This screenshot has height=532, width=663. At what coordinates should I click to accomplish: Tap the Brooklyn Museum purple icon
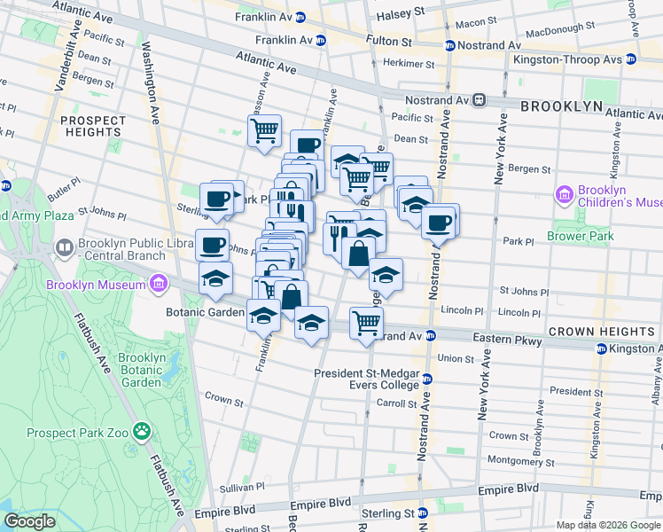coord(158,285)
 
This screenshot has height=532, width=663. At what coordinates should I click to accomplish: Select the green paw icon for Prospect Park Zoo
coord(141,432)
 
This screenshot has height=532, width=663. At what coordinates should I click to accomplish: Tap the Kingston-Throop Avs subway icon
coord(630,59)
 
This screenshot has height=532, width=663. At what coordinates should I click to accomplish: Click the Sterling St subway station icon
coord(423,513)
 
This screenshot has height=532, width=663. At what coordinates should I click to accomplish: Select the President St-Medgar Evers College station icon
coord(426,379)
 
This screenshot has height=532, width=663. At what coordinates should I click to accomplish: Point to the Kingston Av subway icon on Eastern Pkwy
coord(600,348)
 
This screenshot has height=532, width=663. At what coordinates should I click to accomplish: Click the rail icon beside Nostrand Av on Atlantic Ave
coord(480,101)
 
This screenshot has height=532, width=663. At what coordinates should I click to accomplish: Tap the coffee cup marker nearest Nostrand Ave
coord(438,222)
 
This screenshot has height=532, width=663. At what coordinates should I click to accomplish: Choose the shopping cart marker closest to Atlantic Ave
coord(264,131)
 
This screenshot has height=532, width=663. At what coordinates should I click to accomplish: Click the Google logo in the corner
coord(29,521)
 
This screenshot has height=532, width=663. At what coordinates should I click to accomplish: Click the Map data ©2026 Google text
coord(607,525)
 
